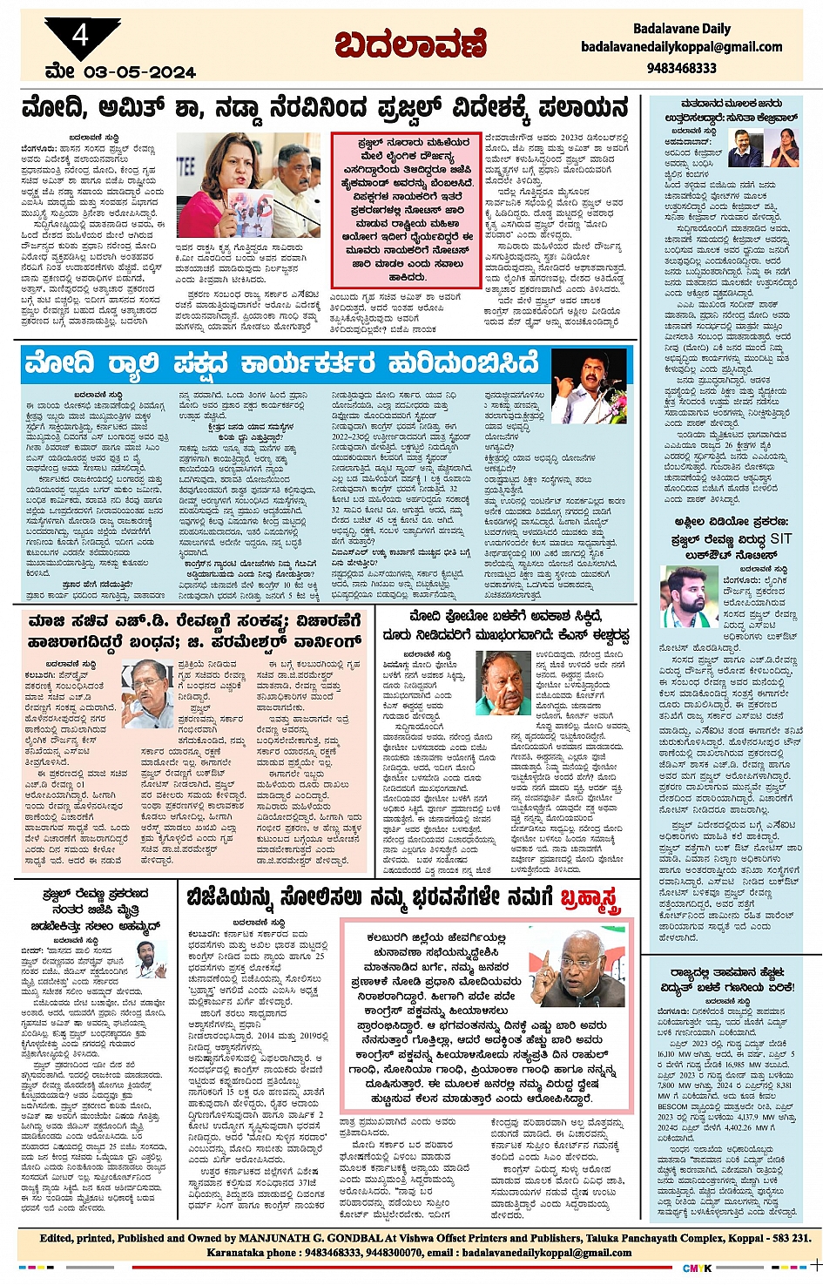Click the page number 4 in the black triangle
[80, 36]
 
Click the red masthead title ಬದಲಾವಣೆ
[410, 44]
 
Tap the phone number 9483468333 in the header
[681, 68]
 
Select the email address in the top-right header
[681, 47]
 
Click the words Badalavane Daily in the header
[681, 29]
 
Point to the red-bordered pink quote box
[406, 210]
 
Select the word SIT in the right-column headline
[779, 538]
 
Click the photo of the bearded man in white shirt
[688, 597]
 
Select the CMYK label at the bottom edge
[696, 1268]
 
